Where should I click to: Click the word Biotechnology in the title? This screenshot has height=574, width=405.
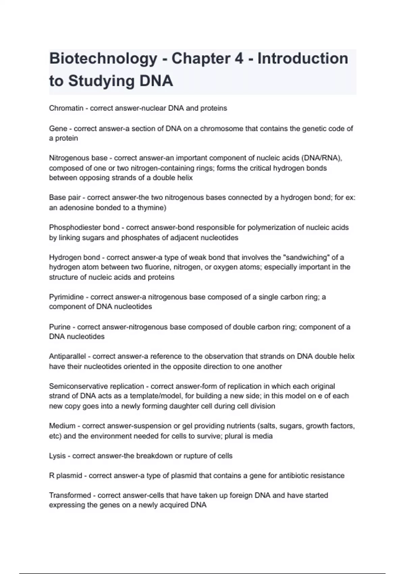pyautogui.click(x=103, y=59)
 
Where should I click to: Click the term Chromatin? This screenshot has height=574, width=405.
pyautogui.click(x=66, y=108)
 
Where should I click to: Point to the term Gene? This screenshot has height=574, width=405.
pyautogui.click(x=58, y=129)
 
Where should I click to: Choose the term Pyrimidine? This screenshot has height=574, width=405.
pyautogui.click(x=66, y=297)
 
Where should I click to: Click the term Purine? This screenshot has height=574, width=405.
pyautogui.click(x=60, y=327)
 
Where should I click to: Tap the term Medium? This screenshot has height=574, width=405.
pyautogui.click(x=62, y=426)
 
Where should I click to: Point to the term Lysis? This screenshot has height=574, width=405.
pyautogui.click(x=57, y=456)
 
